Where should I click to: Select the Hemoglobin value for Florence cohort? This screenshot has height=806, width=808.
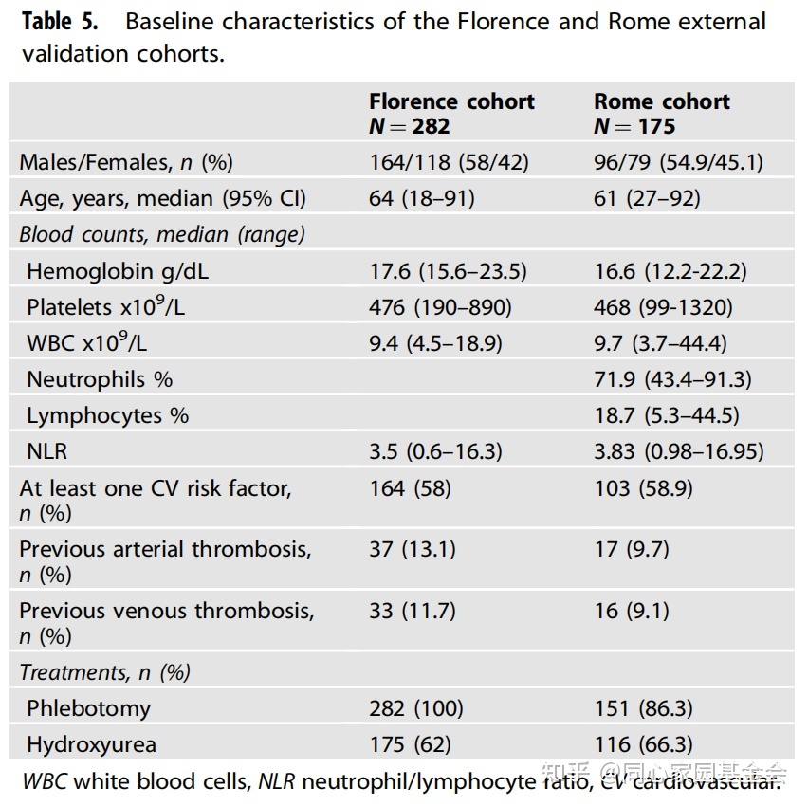coord(448,271)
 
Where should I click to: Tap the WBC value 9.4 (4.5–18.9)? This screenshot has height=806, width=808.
coord(435,343)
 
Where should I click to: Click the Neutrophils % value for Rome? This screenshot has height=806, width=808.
coord(672,379)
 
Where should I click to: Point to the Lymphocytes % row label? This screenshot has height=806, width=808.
coord(107,415)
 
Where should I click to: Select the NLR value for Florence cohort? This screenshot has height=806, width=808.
coord(435,451)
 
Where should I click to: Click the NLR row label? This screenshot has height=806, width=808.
coord(47,451)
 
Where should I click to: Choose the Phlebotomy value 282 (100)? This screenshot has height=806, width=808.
coord(416,707)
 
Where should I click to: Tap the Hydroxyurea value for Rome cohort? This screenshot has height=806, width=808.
coord(643,744)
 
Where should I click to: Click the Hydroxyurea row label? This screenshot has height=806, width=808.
coord(90,744)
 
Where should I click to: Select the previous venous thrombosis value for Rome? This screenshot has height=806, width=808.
coord(632,610)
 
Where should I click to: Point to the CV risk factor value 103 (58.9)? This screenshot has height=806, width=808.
coord(643,487)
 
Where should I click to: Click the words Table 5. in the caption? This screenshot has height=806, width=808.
coord(64,21)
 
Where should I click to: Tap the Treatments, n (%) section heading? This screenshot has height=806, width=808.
coord(104,672)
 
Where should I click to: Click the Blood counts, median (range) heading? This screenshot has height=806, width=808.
coord(162,234)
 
